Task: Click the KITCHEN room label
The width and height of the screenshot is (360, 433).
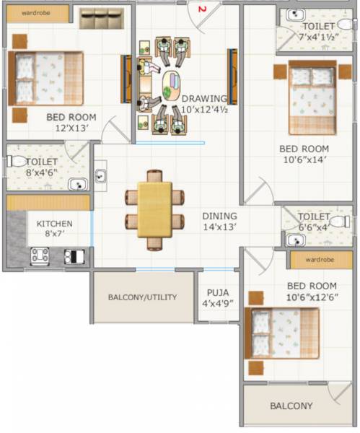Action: pos(55,224)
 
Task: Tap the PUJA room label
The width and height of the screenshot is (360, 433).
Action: pos(218,293)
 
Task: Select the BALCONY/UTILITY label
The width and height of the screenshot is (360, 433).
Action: pos(142,297)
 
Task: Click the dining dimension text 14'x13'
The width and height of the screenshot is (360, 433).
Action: pos(219,227)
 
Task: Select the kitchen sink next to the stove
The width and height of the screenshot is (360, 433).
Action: pos(74,255)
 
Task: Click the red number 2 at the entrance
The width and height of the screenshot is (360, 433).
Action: pos(203,9)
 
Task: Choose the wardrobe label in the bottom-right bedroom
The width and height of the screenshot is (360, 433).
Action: pos(320,259)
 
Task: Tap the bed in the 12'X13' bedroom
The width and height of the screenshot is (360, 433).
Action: pos(46,78)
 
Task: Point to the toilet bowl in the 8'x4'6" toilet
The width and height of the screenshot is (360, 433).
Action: pos(16,162)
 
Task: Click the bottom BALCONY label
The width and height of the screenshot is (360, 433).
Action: pos(291,406)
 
